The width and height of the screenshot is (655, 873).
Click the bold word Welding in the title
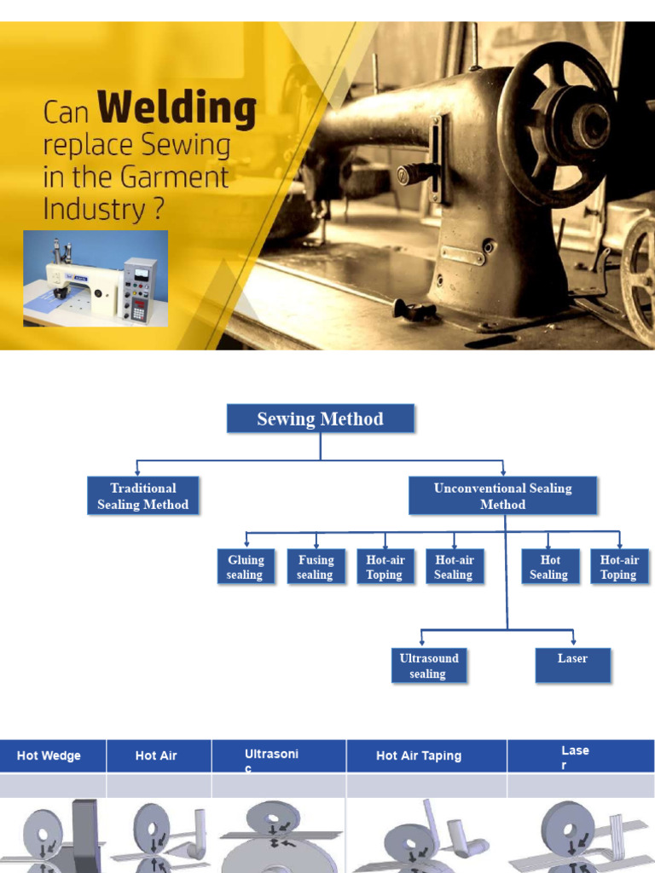[x=177, y=110]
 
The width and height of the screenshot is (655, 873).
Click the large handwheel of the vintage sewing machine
[x=559, y=124]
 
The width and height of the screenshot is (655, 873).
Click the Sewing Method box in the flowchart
[x=320, y=419]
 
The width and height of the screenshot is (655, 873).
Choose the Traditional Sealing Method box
[x=142, y=495]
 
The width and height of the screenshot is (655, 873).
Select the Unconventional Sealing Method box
[x=502, y=495]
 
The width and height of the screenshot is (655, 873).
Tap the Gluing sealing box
[x=246, y=567]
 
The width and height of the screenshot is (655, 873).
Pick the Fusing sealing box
[x=316, y=567]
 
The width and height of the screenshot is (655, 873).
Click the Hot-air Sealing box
[x=454, y=567]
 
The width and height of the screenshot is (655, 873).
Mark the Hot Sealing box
[x=549, y=567]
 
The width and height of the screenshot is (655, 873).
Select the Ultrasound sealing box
[x=429, y=665]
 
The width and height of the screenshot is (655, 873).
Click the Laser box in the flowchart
[x=572, y=665]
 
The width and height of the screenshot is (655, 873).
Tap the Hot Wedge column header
[x=49, y=755]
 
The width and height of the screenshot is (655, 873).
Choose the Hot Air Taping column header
[x=419, y=755]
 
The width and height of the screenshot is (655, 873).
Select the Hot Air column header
[x=156, y=755]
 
